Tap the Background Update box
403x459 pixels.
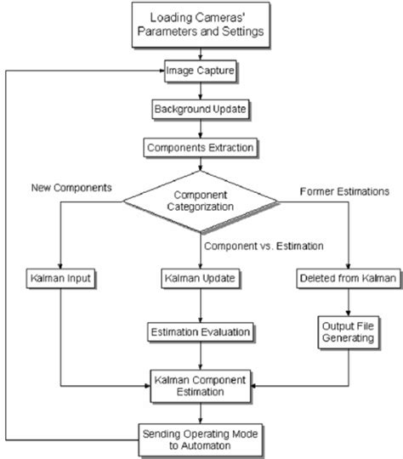coord(201,110)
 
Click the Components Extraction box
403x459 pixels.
coord(201,146)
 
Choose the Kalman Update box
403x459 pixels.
coord(201,279)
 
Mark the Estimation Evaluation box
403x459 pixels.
coord(201,330)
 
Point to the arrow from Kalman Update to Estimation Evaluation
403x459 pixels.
coord(201,304)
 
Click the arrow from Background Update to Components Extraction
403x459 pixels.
coord(201,128)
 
